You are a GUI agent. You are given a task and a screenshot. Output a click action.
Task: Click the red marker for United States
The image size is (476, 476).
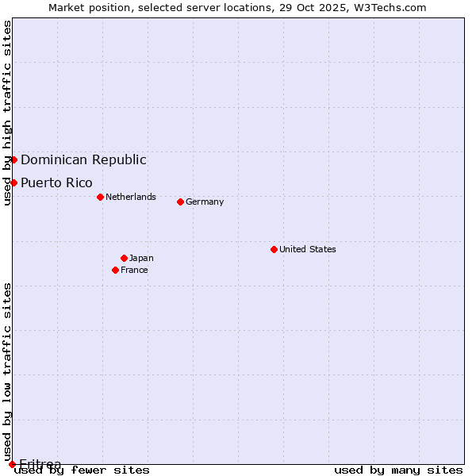pyautogui.click(x=274, y=249)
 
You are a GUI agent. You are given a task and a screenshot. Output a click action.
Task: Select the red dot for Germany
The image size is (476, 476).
pyautogui.click(x=180, y=202)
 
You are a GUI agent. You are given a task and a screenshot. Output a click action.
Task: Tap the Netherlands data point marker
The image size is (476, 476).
pyautogui.click(x=100, y=197)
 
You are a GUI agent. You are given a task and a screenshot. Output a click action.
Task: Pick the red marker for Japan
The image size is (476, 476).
pyautogui.click(x=124, y=258)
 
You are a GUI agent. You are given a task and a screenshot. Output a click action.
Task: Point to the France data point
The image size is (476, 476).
pyautogui.click(x=115, y=270)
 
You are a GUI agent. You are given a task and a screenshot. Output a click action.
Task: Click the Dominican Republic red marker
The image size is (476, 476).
pyautogui.click(x=13, y=159)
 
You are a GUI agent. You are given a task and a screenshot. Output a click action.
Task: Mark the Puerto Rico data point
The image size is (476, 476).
pyautogui.click(x=13, y=182)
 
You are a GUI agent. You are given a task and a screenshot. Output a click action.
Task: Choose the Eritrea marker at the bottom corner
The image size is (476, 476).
pyautogui.click(x=12, y=464)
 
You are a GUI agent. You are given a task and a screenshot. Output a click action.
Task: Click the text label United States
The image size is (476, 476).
pyautogui.click(x=308, y=249)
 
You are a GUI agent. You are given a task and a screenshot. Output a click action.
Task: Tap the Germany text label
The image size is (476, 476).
pyautogui.click(x=205, y=202)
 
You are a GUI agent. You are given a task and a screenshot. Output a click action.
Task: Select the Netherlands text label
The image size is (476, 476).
pyautogui.click(x=131, y=197)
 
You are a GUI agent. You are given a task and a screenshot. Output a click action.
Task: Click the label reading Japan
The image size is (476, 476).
pyautogui.click(x=141, y=258)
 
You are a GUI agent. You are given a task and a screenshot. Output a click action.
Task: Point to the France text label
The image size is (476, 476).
pyautogui.click(x=134, y=270)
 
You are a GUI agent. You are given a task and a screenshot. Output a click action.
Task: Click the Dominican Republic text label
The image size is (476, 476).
pyautogui.click(x=83, y=159)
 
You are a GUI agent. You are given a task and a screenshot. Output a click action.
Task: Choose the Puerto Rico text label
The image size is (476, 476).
pyautogui.click(x=56, y=182)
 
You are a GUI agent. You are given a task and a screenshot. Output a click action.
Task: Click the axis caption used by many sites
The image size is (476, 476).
pyautogui.click(x=398, y=470)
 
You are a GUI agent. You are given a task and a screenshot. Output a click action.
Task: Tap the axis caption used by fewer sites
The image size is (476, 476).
pyautogui.click(x=83, y=470)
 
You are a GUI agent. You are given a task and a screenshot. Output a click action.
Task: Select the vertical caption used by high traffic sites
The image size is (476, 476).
pyautogui.click(x=7, y=113)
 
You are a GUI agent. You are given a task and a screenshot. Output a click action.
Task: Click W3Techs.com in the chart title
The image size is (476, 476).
pyautogui.click(x=390, y=7)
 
